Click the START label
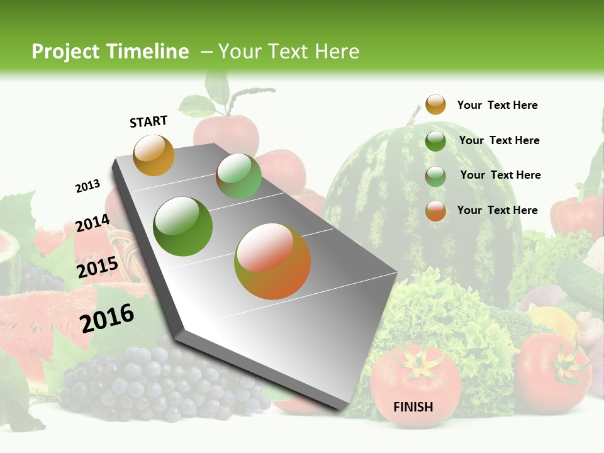click(x=148, y=121)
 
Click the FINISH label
click(x=413, y=407)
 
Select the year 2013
click(x=87, y=186)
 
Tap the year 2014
click(x=92, y=223)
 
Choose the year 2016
click(x=107, y=318)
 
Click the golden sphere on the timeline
click(x=154, y=155)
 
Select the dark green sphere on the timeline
click(x=183, y=226)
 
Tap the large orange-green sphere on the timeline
click(x=272, y=261)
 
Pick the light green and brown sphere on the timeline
click(x=238, y=176)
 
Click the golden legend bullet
click(x=435, y=105)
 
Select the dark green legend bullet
click(x=435, y=141)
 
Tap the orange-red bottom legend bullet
click(x=435, y=211)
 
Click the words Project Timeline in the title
click(x=110, y=52)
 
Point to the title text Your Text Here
click(x=289, y=52)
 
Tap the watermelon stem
click(x=413, y=115)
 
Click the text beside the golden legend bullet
click(x=497, y=105)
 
